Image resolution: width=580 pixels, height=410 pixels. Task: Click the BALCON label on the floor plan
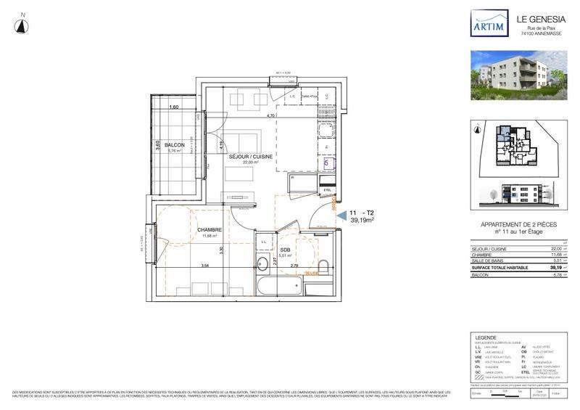tap(174, 145)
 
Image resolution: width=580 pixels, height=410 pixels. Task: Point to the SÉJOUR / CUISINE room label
tap(249, 157)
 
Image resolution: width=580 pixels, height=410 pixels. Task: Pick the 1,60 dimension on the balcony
tap(173, 107)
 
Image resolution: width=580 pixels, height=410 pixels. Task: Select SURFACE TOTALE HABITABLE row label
tap(491, 268)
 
